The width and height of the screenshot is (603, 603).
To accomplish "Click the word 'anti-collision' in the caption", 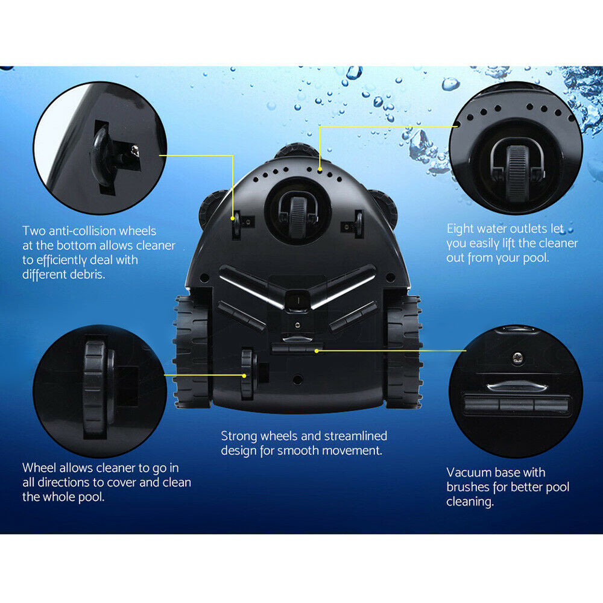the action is [81, 231].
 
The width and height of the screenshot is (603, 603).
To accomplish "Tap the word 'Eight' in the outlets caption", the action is [460, 229].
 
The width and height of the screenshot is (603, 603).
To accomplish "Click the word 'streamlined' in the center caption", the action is [355, 436].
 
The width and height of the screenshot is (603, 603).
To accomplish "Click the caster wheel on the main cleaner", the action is [298, 216].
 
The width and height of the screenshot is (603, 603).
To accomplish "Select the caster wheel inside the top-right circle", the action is [517, 171].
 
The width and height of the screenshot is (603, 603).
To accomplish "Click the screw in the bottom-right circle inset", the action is [518, 358].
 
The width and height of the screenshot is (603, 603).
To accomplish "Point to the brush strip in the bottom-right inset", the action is [516, 405].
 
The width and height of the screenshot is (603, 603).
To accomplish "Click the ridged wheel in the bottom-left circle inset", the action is [95, 388].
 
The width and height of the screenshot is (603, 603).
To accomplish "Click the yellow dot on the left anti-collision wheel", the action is [233, 218].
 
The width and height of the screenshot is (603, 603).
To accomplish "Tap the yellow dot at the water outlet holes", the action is [320, 169].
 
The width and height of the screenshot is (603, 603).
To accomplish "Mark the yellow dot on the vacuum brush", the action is [316, 351].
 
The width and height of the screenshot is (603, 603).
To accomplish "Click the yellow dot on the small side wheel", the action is [244, 375].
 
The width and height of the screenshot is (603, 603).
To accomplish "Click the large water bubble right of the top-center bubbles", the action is [450, 84].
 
